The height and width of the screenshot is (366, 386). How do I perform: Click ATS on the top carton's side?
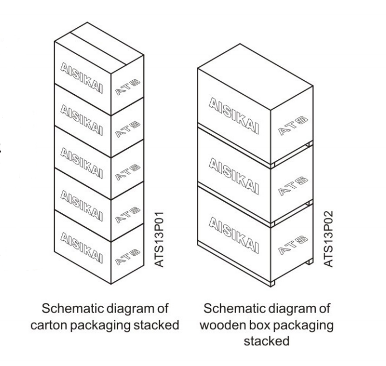coord(128,86)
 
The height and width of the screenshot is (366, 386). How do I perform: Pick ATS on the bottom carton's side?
coord(128,256)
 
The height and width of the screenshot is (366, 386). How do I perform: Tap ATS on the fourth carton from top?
coord(128,213)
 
